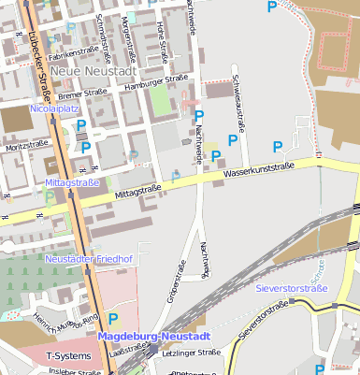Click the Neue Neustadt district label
pos(94,71)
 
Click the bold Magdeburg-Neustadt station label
pos(154,336)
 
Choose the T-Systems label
pos(69,356)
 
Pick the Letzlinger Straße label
pos(191,353)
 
